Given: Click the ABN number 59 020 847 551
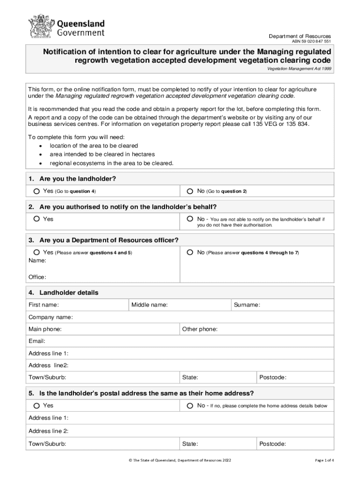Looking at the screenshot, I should coord(311,42).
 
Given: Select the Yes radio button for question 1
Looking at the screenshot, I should coord(36,191).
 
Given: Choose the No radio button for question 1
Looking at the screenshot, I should coord(190,191).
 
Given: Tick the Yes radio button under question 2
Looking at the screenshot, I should coord(36,219).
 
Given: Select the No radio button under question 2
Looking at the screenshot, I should coord(190,219).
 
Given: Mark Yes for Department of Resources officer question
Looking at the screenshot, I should coord(36,253).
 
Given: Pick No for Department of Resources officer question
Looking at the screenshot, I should coord(190,253).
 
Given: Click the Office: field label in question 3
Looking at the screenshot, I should coord(37,277).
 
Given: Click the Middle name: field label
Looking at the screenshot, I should coord(150,305).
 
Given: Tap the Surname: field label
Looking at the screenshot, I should coord(247,305).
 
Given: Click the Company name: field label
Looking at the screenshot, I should coord(50,317).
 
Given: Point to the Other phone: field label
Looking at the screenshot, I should coord(200,329).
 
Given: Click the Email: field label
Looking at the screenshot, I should coord(37,341).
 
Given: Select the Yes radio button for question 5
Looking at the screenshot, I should coord(36,406).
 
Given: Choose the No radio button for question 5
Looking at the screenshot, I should coord(190,406).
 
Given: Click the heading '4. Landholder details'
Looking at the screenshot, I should coord(64,293).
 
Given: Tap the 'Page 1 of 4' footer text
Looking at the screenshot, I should coord(324,460).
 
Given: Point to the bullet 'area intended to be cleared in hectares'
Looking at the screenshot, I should coord(102,154).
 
